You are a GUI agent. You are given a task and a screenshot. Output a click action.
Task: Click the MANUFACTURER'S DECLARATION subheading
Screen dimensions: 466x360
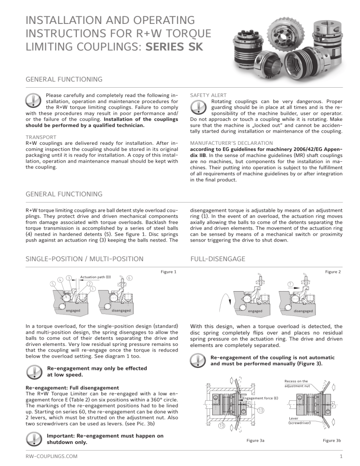231,142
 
